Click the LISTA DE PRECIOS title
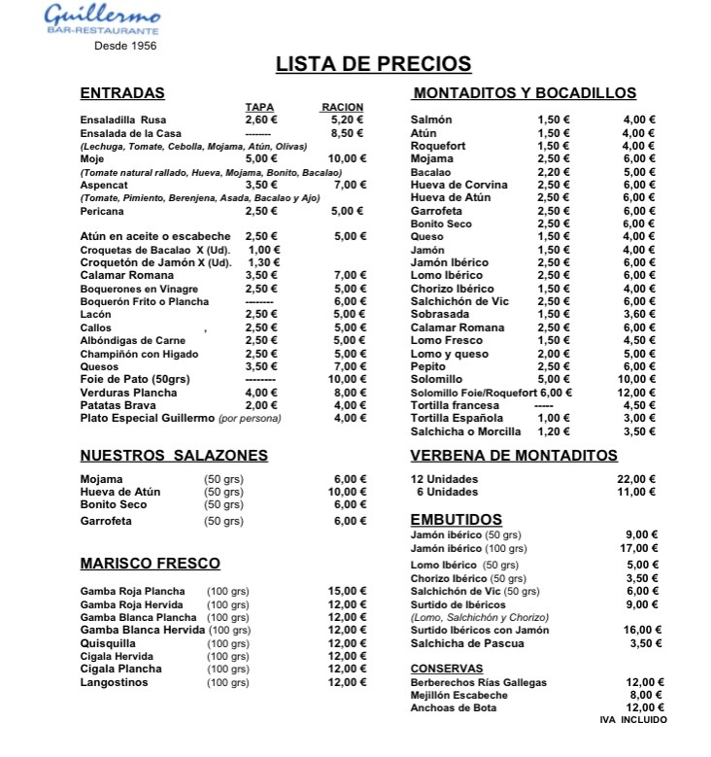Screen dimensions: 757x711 373,64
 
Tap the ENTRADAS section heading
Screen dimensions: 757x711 121,94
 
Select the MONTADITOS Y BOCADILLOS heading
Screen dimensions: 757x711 525,94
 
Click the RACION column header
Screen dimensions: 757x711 341,107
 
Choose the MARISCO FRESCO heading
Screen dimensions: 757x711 150,564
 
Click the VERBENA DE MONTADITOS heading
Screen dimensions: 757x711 514,455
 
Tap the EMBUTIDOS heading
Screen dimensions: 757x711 456,520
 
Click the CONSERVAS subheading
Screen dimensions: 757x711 447,669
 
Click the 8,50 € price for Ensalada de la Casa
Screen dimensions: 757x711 347,133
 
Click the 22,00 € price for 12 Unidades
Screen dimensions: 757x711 638,479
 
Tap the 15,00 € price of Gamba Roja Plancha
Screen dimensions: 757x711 347,591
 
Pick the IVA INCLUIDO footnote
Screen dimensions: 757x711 633,719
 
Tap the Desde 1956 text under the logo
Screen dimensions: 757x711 125,46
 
